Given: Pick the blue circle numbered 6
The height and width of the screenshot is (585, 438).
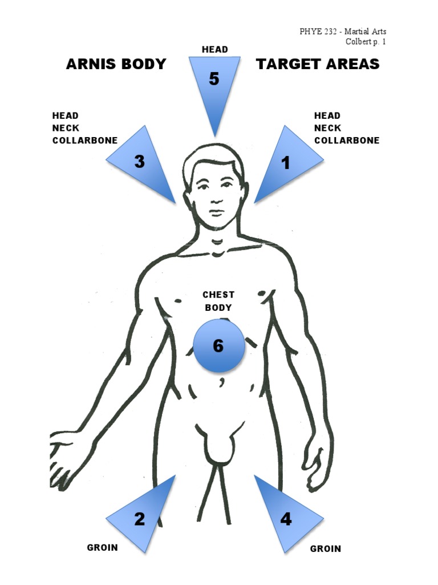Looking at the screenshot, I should click(x=219, y=346).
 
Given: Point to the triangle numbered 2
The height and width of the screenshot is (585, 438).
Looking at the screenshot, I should click(x=143, y=518).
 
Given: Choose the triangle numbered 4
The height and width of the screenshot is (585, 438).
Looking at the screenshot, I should click(x=286, y=518).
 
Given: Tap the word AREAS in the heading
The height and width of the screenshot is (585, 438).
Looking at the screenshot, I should click(x=354, y=64).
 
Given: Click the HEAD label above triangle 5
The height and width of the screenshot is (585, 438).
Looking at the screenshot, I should click(x=215, y=50).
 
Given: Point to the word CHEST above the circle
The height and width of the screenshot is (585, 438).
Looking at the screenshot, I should click(x=218, y=295).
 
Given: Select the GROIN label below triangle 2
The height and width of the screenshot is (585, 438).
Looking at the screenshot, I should click(x=103, y=547).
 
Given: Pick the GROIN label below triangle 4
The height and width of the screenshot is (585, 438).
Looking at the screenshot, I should click(x=326, y=549).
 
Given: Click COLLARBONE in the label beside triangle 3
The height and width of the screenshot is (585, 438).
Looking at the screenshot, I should click(x=85, y=141).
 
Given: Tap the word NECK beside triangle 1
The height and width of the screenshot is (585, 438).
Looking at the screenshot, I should click(x=328, y=128).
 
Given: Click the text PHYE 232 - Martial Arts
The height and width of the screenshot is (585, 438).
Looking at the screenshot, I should click(x=343, y=31).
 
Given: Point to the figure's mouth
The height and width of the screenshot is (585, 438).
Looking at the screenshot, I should click(x=217, y=213).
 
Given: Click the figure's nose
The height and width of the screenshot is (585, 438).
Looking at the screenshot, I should click(x=217, y=198).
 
